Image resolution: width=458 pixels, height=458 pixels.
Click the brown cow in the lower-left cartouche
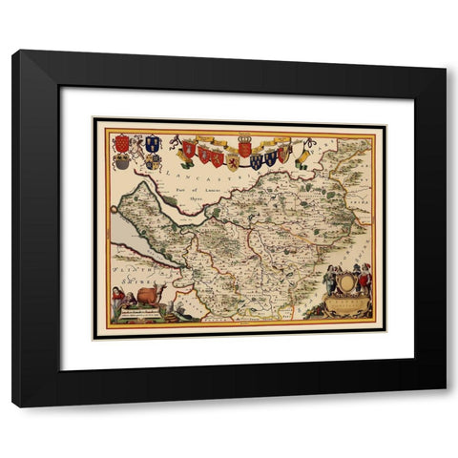coord(149,295)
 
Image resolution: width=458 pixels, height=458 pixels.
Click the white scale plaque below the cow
coord(141,312)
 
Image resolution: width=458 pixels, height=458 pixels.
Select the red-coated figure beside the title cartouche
coord(364,277)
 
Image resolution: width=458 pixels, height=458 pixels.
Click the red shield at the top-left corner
coord(121,143)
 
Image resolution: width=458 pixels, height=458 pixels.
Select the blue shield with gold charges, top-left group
coord(151,143)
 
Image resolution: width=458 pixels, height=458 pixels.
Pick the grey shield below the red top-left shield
coord(122,162)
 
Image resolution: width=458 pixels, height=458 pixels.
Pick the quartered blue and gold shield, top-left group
coord(153,161)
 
